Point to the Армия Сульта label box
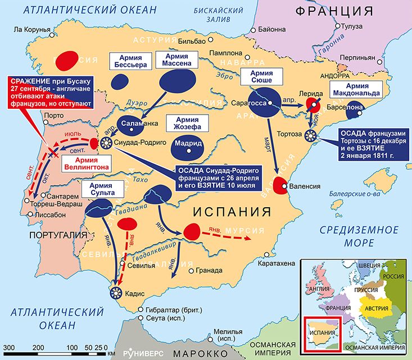click(98, 188)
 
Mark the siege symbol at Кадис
click(117, 291)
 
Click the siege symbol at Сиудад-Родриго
click(106, 143)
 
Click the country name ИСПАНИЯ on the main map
click(232, 212)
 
